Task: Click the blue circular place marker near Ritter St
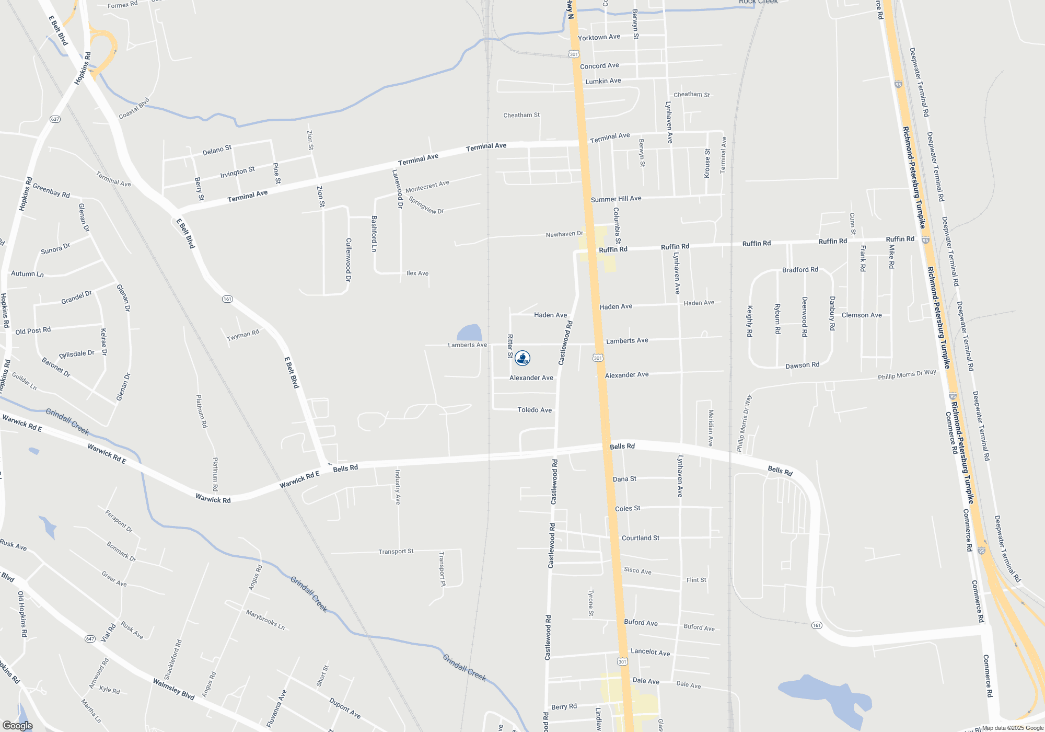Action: pos(522,358)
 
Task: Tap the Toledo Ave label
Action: pos(535,410)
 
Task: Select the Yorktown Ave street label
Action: pos(599,37)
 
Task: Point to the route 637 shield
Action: pos(55,119)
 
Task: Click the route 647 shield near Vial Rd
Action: pos(90,639)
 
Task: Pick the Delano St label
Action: pos(217,151)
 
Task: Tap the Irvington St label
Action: pos(237,171)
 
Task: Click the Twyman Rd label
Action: pos(243,336)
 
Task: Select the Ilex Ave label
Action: pos(417,273)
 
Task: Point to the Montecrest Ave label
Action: pos(427,186)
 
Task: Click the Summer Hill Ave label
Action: pos(616,199)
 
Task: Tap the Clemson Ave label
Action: pos(862,315)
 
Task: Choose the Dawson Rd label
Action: pos(803,365)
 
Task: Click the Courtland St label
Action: pos(641,538)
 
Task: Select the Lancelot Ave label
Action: pos(650,652)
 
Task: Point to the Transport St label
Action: pos(396,552)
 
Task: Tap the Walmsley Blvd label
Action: pos(173,689)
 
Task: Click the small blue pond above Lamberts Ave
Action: pos(469,333)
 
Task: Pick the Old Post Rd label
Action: pos(33,331)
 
